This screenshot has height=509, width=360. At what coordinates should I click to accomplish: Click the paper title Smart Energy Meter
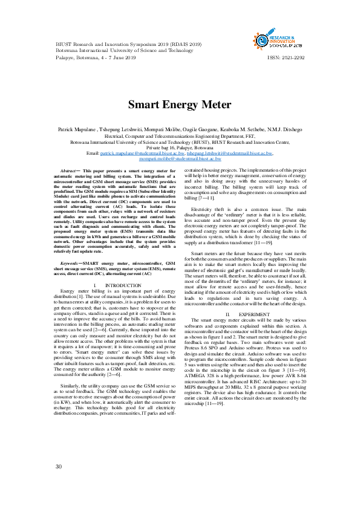(179, 104)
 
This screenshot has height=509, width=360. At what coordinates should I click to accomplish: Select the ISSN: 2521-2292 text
(286, 58)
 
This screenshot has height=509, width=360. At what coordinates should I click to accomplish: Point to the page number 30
(59, 466)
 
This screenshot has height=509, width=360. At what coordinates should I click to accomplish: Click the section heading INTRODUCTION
(123, 302)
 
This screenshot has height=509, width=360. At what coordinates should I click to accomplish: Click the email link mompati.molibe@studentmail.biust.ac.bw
(180, 158)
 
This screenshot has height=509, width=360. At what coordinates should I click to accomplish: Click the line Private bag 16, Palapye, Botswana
(179, 148)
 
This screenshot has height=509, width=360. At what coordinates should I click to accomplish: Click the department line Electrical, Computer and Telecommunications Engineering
(179, 137)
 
